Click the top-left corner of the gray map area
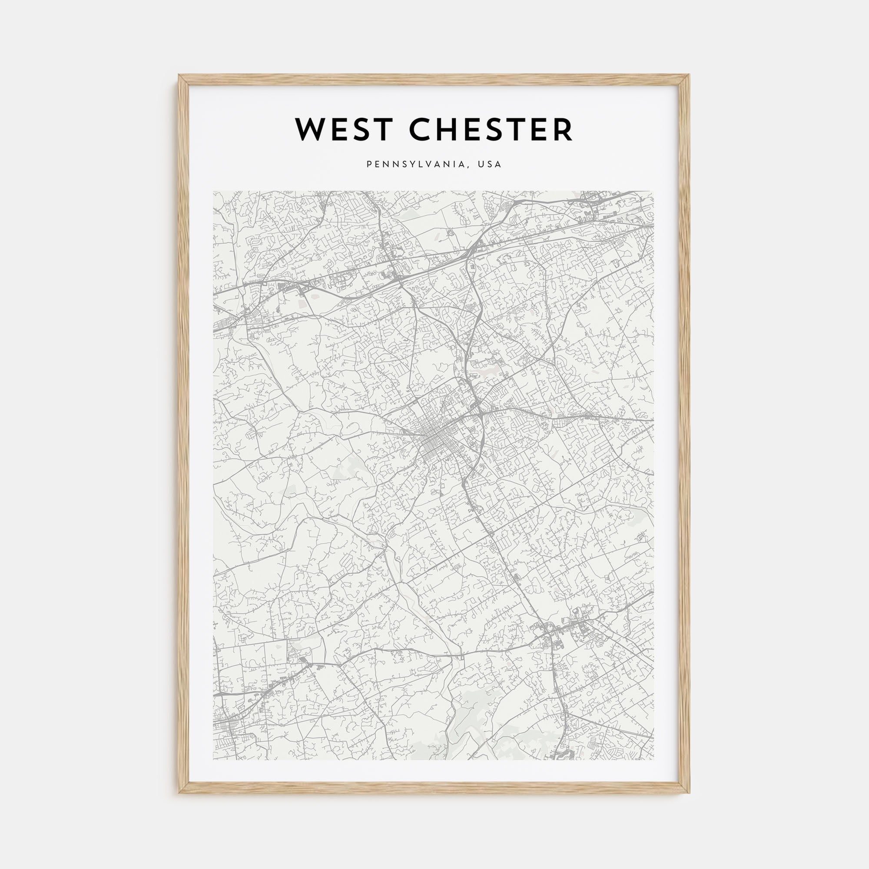pyautogui.click(x=214, y=192)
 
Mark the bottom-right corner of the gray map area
pyautogui.click(x=653, y=760)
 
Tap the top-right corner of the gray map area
pyautogui.click(x=653, y=192)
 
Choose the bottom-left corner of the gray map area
pyautogui.click(x=214, y=760)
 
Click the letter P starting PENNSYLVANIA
pyautogui.click(x=369, y=165)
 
